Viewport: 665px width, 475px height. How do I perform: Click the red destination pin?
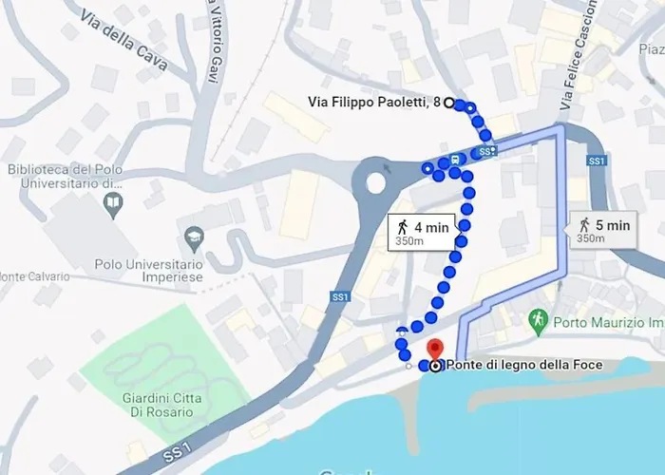(435, 350)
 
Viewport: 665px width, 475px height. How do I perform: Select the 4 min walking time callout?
(424, 231)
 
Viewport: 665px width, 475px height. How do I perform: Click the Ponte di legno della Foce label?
(521, 365)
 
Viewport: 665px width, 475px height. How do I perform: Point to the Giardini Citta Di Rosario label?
(157, 404)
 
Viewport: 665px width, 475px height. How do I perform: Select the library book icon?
(113, 201)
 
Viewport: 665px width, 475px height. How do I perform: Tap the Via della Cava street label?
(124, 43)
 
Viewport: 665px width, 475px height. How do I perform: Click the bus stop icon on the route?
(456, 160)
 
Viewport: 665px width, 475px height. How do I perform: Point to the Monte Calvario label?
(35, 276)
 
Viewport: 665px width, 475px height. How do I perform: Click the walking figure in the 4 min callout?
(403, 226)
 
